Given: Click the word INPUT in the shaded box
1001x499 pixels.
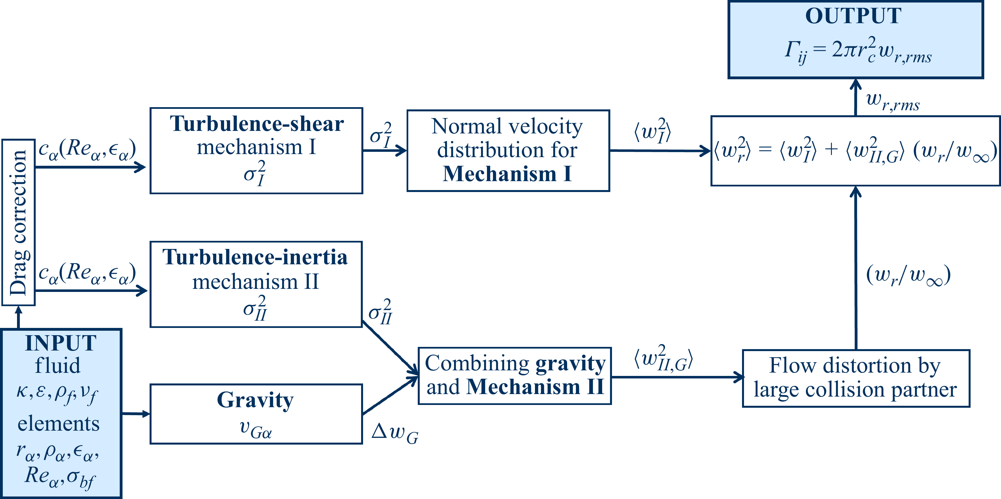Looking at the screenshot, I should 61,343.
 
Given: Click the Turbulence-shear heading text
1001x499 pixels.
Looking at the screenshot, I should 256,124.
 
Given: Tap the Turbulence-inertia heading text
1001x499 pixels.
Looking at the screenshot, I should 255,258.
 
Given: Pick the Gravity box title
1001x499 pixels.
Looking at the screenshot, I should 255,400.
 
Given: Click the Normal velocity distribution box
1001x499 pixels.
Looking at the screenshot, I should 508,150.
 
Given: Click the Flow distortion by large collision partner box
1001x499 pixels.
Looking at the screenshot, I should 856,378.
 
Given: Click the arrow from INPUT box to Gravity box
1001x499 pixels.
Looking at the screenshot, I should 136,414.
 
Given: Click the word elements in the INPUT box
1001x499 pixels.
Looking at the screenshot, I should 58,424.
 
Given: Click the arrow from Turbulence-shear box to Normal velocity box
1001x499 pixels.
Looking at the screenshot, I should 385,150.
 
